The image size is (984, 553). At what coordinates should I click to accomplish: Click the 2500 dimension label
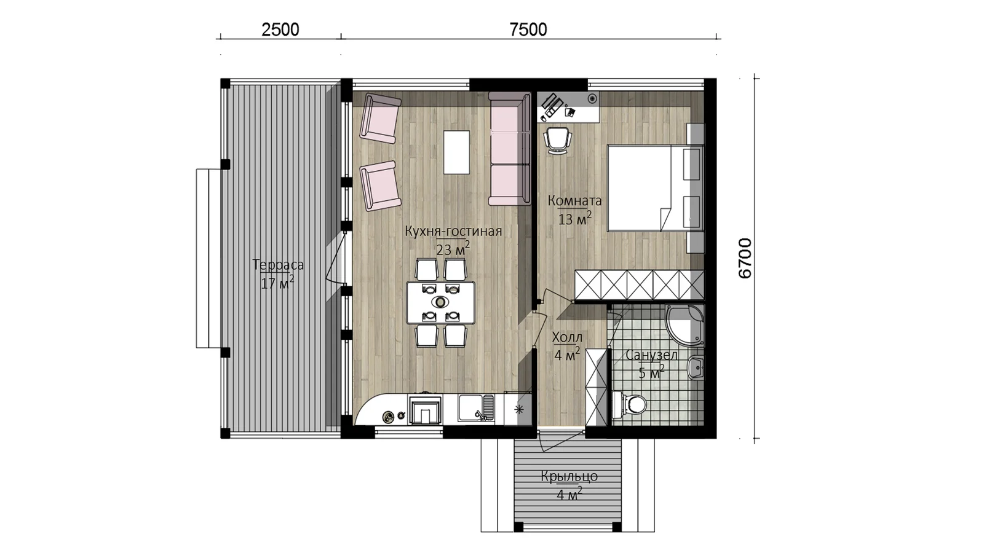pyautogui.click(x=280, y=30)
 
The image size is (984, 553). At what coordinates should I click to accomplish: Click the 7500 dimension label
pyautogui.click(x=528, y=30)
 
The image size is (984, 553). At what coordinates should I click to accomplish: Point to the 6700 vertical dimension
pyautogui.click(x=745, y=259)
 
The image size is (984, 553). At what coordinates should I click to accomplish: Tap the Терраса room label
pyautogui.click(x=278, y=265)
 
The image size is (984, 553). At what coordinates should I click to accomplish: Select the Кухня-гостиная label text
pyautogui.click(x=453, y=231)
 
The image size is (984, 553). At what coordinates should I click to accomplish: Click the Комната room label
pyautogui.click(x=574, y=200)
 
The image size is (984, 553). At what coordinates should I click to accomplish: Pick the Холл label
pyautogui.click(x=567, y=337)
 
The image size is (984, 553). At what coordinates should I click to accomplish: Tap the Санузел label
pyautogui.click(x=652, y=355)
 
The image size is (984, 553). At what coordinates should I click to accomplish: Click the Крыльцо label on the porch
pyautogui.click(x=569, y=476)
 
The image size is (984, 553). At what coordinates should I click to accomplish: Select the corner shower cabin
pyautogui.click(x=684, y=323)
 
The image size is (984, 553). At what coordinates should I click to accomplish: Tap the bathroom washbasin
pyautogui.click(x=696, y=367)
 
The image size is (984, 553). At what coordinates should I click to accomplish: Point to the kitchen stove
pyautogui.click(x=425, y=410)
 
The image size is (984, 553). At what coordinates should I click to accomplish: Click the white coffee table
pyautogui.click(x=456, y=152)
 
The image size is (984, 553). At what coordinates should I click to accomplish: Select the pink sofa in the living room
pyautogui.click(x=509, y=149)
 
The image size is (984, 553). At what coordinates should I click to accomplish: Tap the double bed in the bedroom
pyautogui.click(x=656, y=188)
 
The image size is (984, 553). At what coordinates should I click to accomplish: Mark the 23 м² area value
pyautogui.click(x=453, y=249)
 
